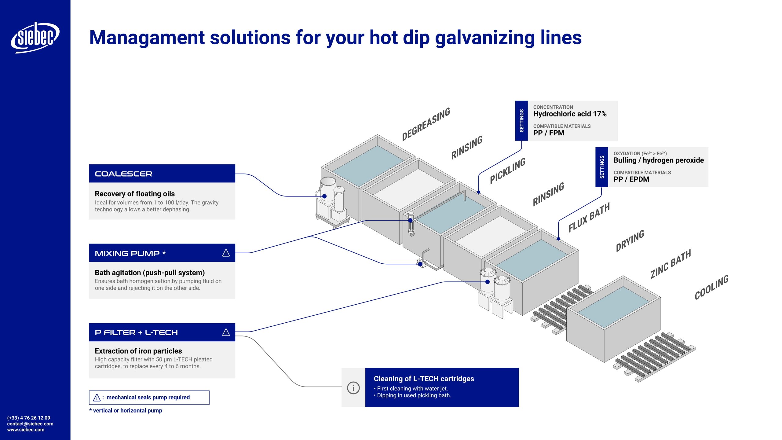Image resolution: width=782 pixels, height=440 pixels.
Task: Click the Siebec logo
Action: tap(35, 37)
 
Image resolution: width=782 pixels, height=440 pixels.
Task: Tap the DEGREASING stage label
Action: tap(426, 124)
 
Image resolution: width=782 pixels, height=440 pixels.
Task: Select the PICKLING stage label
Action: tap(507, 170)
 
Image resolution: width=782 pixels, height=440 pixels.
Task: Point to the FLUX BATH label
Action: tap(589, 217)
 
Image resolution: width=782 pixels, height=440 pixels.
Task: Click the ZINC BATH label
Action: tap(671, 264)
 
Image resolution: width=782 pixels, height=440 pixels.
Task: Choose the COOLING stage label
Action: tap(711, 287)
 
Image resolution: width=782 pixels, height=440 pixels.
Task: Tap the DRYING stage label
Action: tap(630, 241)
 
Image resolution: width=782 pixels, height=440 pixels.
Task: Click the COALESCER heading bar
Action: tap(162, 174)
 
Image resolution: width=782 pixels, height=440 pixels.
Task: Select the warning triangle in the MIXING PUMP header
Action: tap(226, 253)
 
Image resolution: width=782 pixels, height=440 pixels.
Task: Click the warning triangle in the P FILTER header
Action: tap(226, 332)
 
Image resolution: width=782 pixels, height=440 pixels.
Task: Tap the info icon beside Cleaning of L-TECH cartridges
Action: tap(353, 388)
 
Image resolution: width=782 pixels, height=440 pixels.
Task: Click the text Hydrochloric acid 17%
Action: tap(570, 114)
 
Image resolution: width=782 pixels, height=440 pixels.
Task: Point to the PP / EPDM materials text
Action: tap(631, 179)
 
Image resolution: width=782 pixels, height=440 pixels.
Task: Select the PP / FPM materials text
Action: tap(549, 133)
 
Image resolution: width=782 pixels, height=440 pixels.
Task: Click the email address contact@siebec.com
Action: tap(30, 424)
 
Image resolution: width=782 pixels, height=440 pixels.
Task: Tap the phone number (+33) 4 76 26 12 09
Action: tap(29, 418)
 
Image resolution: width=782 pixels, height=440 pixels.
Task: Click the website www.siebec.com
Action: tap(26, 430)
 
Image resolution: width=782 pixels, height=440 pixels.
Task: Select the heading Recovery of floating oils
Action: tap(135, 194)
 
